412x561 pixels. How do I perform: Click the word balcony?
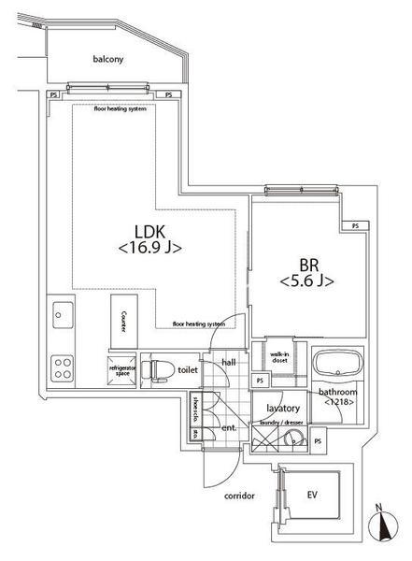(x=108, y=59)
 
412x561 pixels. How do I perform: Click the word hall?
(x=229, y=363)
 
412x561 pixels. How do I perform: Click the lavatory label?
(x=282, y=409)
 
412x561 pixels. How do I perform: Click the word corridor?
(x=238, y=496)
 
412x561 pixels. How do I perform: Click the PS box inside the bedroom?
(x=354, y=226)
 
